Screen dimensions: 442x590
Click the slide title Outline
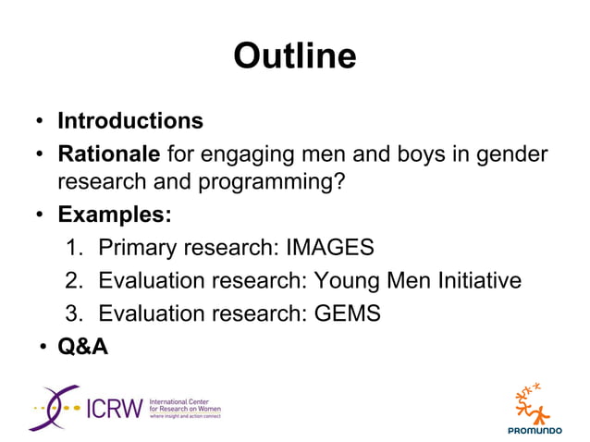click(x=294, y=56)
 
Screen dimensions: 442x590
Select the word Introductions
click(x=130, y=121)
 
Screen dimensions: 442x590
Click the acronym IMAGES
click(x=330, y=248)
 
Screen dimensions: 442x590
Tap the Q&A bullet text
click(x=82, y=347)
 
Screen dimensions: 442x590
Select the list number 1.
click(x=75, y=248)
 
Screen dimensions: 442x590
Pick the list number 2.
click(x=75, y=280)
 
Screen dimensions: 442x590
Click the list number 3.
click(x=75, y=313)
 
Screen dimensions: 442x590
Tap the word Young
click(x=350, y=280)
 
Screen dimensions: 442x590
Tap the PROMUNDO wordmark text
click(x=534, y=430)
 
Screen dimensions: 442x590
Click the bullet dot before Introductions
click(x=41, y=123)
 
